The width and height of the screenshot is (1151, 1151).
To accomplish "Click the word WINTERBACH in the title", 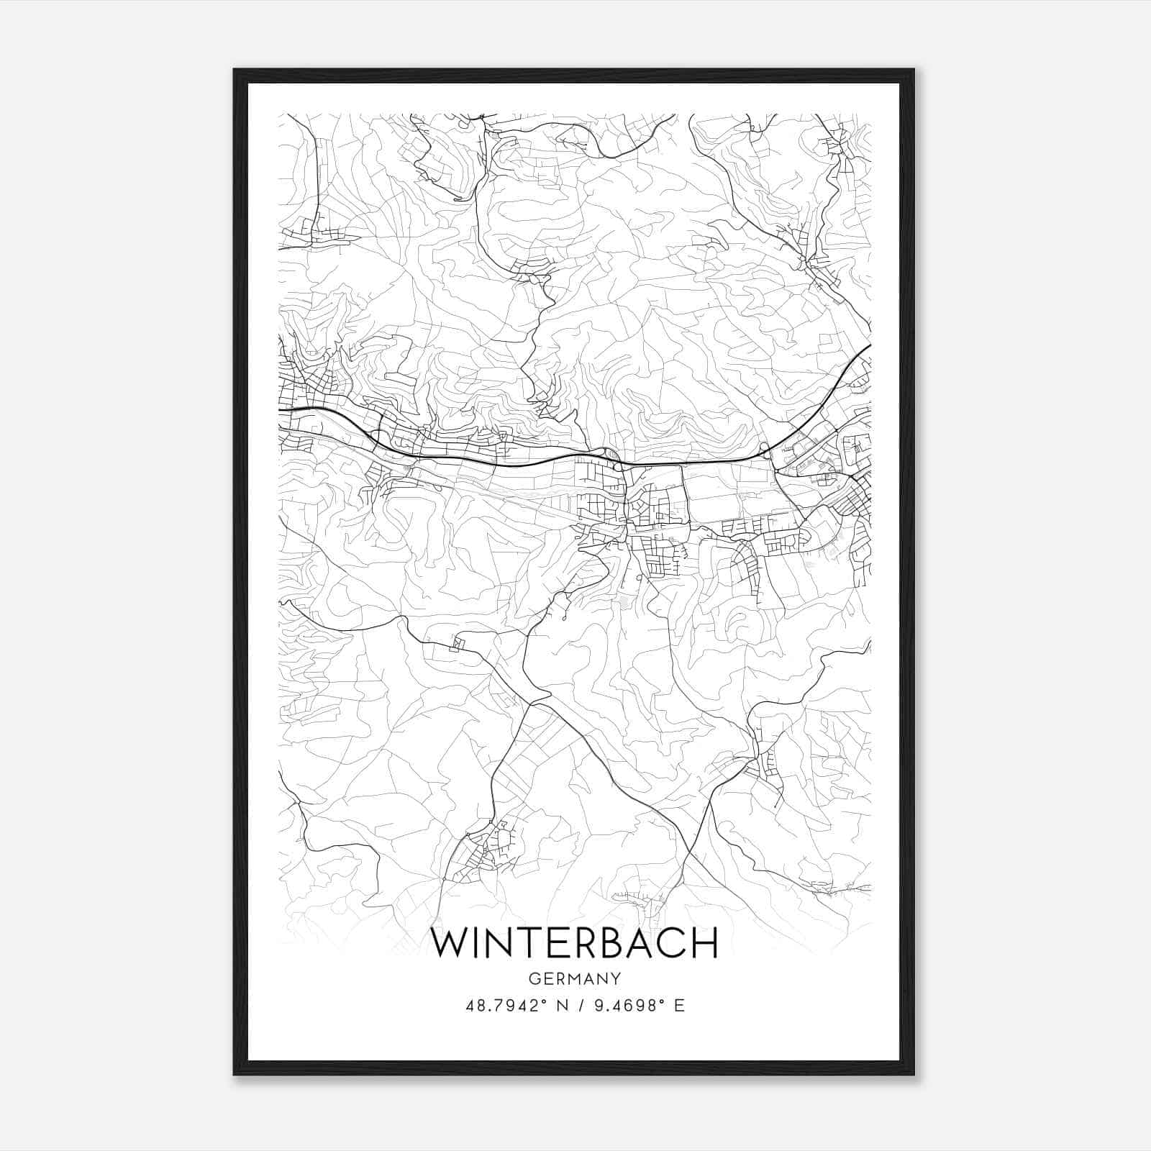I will point(574,942).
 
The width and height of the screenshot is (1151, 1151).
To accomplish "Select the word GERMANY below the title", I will point(574,978).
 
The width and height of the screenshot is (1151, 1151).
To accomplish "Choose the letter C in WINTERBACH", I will point(673,942).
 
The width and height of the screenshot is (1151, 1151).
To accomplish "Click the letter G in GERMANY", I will point(534,978).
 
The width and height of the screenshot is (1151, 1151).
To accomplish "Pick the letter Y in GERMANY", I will point(616,978).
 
